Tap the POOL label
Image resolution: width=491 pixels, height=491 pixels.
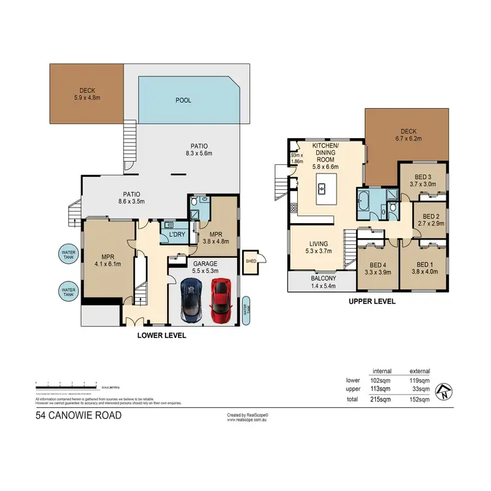[183, 101]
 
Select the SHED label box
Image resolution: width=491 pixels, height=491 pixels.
[249, 260]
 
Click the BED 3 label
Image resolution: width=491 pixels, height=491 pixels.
[424, 180]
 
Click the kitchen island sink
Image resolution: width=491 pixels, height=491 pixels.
[322, 189]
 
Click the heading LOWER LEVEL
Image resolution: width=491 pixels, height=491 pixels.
[161, 335]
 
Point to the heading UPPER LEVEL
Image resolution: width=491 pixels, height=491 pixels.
[371, 302]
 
